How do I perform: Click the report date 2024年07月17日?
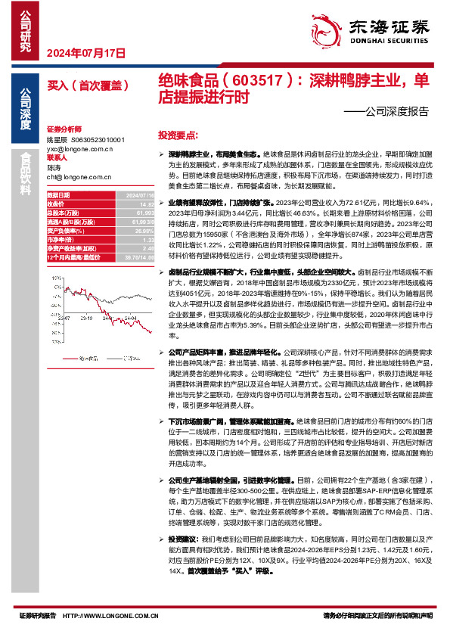click(x=85, y=53)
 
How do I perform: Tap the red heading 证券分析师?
click(x=63, y=130)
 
